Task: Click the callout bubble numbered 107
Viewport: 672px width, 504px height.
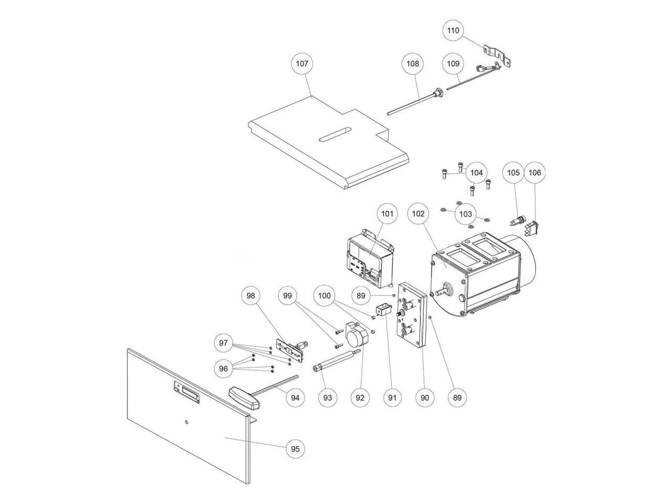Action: click(x=302, y=64)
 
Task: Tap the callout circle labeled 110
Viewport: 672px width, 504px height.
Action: click(x=453, y=30)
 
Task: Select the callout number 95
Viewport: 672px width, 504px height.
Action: click(x=295, y=449)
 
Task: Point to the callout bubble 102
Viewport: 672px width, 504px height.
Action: click(x=418, y=214)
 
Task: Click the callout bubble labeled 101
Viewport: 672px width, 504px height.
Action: click(x=387, y=214)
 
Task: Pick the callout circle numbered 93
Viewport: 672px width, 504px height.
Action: click(x=328, y=397)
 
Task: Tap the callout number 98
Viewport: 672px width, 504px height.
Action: click(x=251, y=296)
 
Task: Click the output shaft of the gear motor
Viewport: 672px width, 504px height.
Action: click(x=442, y=290)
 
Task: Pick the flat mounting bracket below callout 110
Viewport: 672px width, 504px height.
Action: click(x=496, y=55)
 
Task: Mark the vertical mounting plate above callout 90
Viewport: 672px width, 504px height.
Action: click(x=412, y=315)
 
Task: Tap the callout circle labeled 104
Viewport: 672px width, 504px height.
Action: click(x=476, y=172)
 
